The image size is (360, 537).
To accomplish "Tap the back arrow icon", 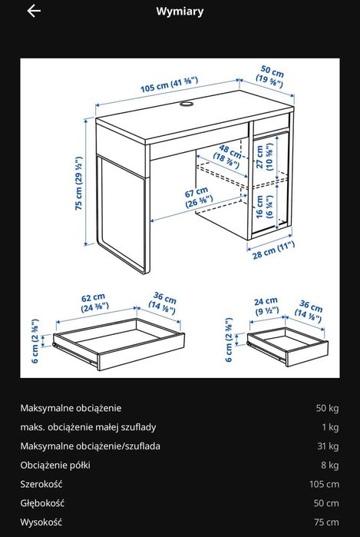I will coord(33,12).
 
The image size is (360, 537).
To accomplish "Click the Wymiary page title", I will coord(180,12).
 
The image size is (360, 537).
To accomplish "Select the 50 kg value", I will coord(326,408).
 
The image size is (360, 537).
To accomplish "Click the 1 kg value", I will coord(330,427).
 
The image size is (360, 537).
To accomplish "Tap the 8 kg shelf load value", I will coord(329,466).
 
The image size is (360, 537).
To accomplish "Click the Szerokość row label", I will coord(41,485).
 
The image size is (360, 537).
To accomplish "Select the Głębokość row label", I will coord(42,503).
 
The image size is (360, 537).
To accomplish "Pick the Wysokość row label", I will coord(41,522).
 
